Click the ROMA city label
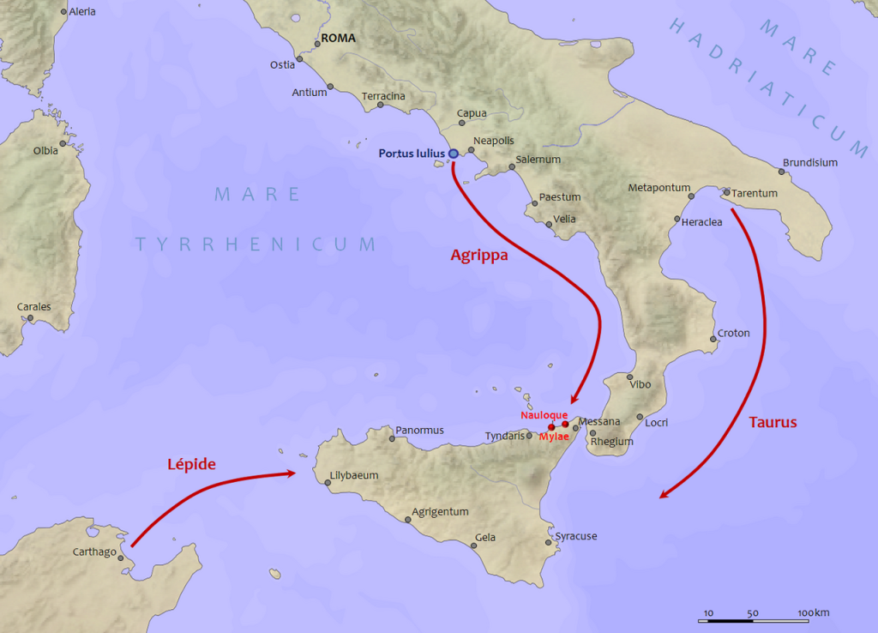click(x=338, y=39)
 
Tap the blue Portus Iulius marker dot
click(x=453, y=154)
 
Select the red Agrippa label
click(x=479, y=255)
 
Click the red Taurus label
click(x=773, y=422)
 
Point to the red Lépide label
click(x=190, y=464)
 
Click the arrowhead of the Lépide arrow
click(x=294, y=473)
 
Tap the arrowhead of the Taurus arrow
click(x=660, y=495)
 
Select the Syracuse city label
click(x=576, y=536)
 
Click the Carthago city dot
click(x=121, y=558)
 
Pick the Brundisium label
click(x=809, y=163)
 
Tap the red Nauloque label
click(x=544, y=415)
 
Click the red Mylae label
click(x=554, y=437)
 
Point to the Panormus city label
click(x=420, y=430)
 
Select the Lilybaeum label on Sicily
click(x=354, y=475)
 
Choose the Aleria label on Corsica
click(x=82, y=12)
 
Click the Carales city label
click(x=34, y=306)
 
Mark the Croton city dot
click(x=713, y=339)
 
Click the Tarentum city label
click(x=755, y=193)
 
